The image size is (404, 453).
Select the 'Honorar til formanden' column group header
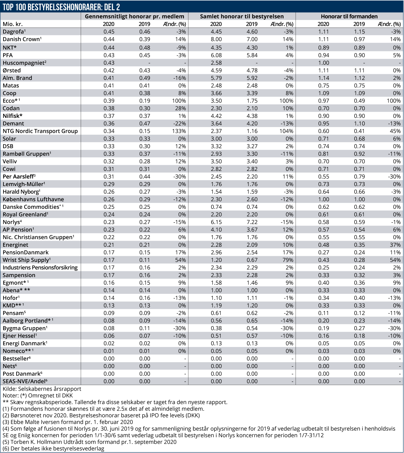(349, 17)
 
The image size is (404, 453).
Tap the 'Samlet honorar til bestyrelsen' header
(242, 17)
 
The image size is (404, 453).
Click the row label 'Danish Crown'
(21, 39)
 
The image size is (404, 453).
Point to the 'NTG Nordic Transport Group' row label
(40, 131)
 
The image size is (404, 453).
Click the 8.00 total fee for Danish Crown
(216, 39)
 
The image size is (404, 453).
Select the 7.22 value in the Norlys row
(252, 222)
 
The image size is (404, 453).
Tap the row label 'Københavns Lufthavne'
(33, 199)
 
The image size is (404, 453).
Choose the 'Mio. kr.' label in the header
(13, 24)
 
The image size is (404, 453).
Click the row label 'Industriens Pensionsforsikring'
(40, 268)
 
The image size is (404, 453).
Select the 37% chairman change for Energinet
(395, 245)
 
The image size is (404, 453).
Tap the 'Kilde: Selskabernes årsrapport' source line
(42, 389)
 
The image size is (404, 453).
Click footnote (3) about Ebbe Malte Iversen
(68, 422)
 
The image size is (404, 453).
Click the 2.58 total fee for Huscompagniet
(216, 63)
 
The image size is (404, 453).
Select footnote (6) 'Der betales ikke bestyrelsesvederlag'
(53, 449)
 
